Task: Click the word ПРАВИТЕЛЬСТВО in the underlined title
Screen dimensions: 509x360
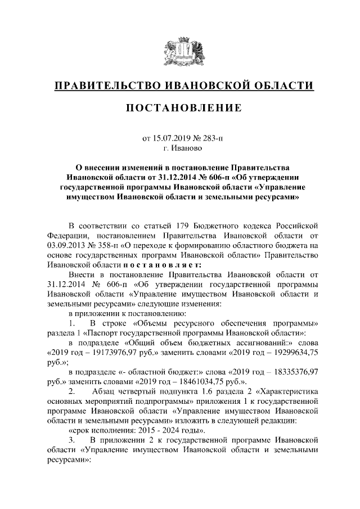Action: click(107, 85)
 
